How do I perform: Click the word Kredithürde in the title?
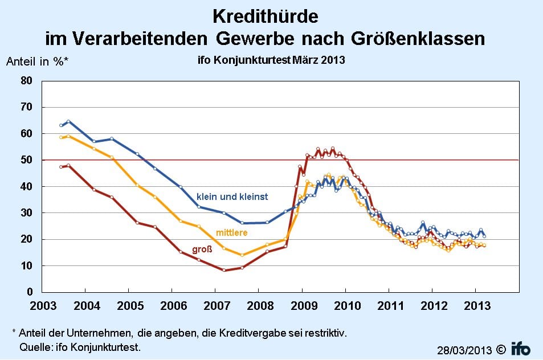pyautogui.click(x=266, y=15)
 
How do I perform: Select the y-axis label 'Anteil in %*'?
pyautogui.click(x=37, y=63)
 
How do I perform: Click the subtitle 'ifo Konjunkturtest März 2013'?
pyautogui.click(x=267, y=59)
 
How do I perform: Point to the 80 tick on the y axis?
pyautogui.click(x=27, y=80)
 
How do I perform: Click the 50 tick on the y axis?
pyautogui.click(x=27, y=160)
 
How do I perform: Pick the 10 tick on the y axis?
pyautogui.click(x=27, y=266)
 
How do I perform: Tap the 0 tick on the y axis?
pyautogui.click(x=30, y=293)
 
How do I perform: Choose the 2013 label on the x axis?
pyautogui.click(x=476, y=306)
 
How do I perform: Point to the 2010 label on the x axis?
pyautogui.click(x=346, y=306)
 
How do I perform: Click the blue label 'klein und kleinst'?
pyautogui.click(x=232, y=197)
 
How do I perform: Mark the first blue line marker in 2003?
pyautogui.click(x=61, y=125)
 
